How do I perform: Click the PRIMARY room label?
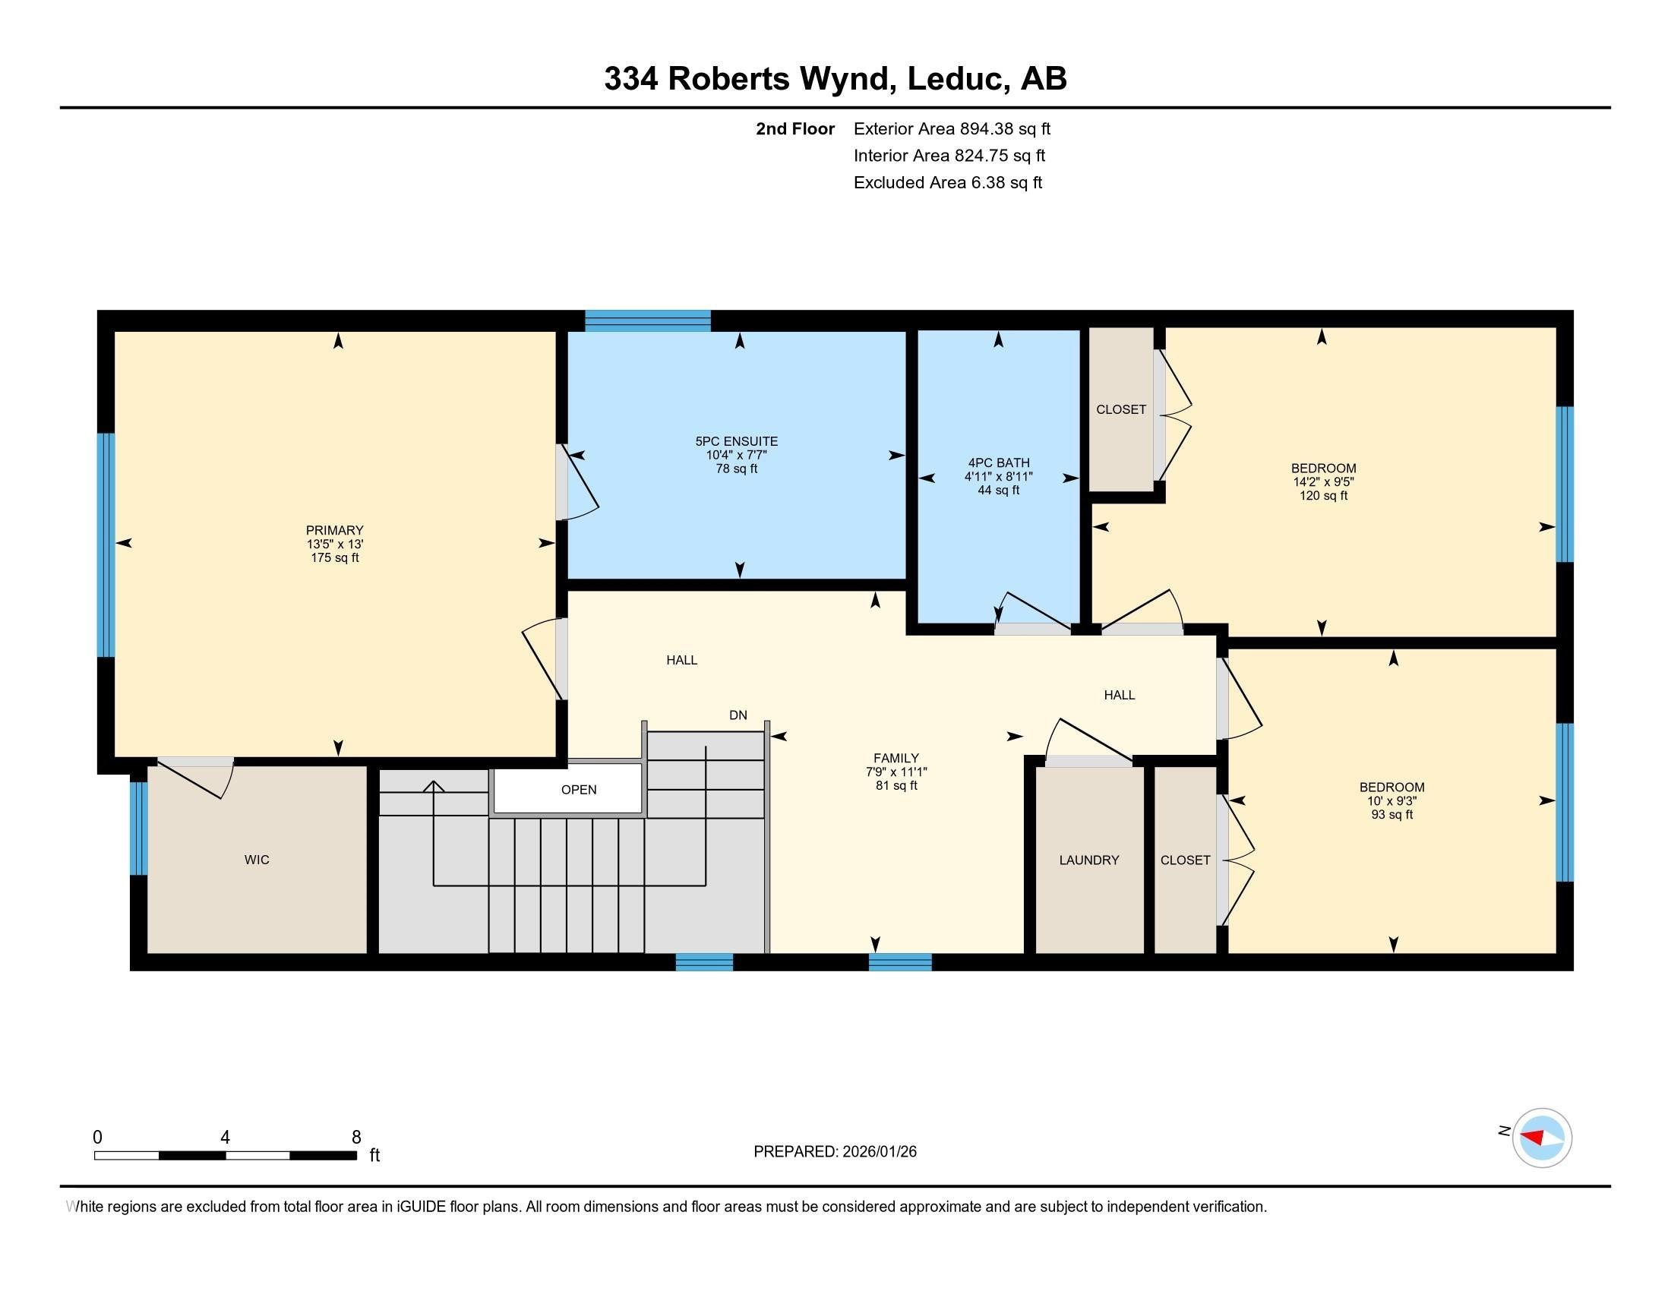(x=334, y=530)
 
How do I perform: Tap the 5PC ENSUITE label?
(x=736, y=441)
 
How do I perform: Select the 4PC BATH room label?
(x=999, y=462)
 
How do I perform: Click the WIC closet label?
(x=256, y=860)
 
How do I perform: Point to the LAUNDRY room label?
(x=1088, y=860)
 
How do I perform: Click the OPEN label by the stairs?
(x=579, y=789)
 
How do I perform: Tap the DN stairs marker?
(x=738, y=715)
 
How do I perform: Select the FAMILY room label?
(x=896, y=759)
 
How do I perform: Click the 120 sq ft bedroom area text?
(x=1323, y=496)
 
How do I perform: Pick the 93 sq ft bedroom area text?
(x=1391, y=815)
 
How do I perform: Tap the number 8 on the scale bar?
(x=355, y=1138)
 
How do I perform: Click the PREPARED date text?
(x=835, y=1151)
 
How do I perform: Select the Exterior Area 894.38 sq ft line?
(x=951, y=128)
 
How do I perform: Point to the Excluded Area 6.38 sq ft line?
(x=947, y=182)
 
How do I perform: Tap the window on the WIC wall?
(x=137, y=828)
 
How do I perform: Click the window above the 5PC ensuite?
(x=647, y=320)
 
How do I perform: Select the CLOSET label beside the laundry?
(x=1184, y=860)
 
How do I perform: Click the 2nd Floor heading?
(x=794, y=128)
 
